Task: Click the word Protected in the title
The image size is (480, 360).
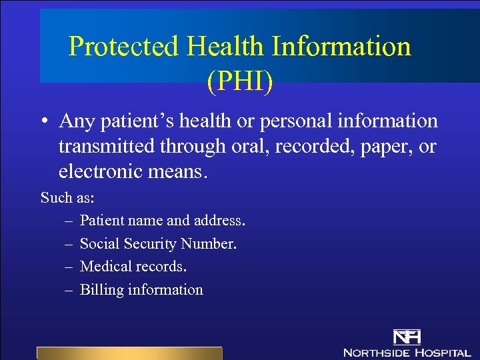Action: [x=124, y=47]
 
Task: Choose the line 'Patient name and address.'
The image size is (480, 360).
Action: [x=163, y=220]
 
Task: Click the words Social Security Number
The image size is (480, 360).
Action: [x=158, y=243]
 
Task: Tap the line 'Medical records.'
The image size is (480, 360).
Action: [x=133, y=267]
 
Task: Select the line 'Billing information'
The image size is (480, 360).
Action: [x=141, y=290]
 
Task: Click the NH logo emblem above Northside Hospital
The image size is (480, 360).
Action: [x=407, y=337]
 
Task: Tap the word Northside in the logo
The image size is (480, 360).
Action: [x=377, y=352]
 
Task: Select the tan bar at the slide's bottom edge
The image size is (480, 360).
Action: [x=129, y=353]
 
